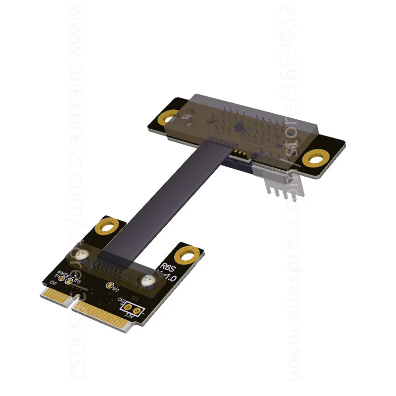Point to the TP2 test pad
click(x=109, y=285)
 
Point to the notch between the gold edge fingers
click(x=72, y=303)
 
